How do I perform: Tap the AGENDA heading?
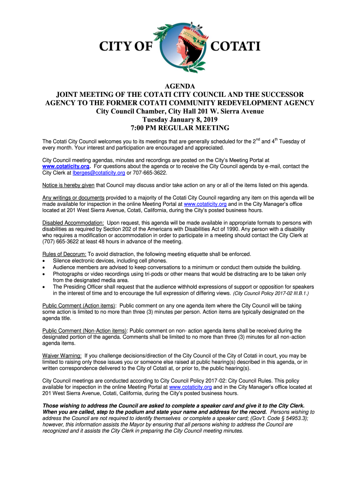tap(180, 86)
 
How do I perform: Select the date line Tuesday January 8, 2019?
tap(180, 119)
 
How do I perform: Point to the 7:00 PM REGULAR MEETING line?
tap(180, 128)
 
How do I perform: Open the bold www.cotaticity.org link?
tap(65, 166)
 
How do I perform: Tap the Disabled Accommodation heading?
tap(73, 223)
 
